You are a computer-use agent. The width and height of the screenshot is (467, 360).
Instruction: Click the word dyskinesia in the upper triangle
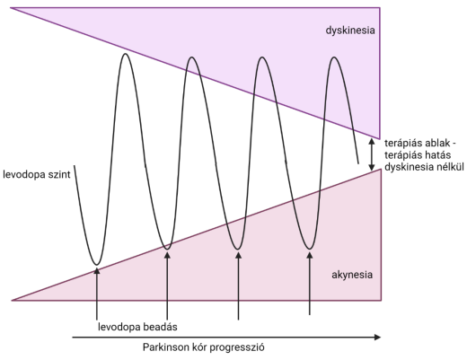(350, 31)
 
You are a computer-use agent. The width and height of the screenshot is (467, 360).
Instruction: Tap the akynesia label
(352, 275)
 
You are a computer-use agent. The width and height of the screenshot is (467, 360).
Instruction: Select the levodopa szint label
(37, 174)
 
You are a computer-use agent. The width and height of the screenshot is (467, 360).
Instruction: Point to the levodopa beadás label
(137, 327)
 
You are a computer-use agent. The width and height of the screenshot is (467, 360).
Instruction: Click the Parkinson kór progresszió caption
(204, 347)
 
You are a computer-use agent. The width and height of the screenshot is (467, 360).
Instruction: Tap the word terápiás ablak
(418, 144)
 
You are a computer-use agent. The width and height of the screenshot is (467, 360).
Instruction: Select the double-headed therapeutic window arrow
(372, 154)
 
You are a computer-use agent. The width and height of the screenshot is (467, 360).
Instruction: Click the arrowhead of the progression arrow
(378, 338)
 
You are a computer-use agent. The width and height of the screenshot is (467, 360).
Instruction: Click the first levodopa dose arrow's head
(96, 270)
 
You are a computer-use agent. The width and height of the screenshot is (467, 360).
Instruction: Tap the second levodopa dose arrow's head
(167, 255)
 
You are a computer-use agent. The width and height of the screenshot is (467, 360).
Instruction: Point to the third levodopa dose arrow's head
(238, 255)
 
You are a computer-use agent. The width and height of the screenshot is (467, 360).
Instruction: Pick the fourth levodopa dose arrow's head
(310, 255)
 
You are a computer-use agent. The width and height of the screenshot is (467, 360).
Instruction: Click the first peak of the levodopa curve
(126, 54)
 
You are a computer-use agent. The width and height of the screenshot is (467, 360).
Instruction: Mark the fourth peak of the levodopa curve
(334, 57)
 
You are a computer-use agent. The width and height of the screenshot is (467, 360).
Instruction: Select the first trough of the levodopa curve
(96, 265)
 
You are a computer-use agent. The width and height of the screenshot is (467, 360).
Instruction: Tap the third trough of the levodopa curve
(238, 249)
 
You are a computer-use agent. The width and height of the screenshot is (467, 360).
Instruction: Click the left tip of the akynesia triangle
(12, 300)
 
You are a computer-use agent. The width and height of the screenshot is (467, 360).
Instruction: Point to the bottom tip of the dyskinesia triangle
(380, 138)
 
